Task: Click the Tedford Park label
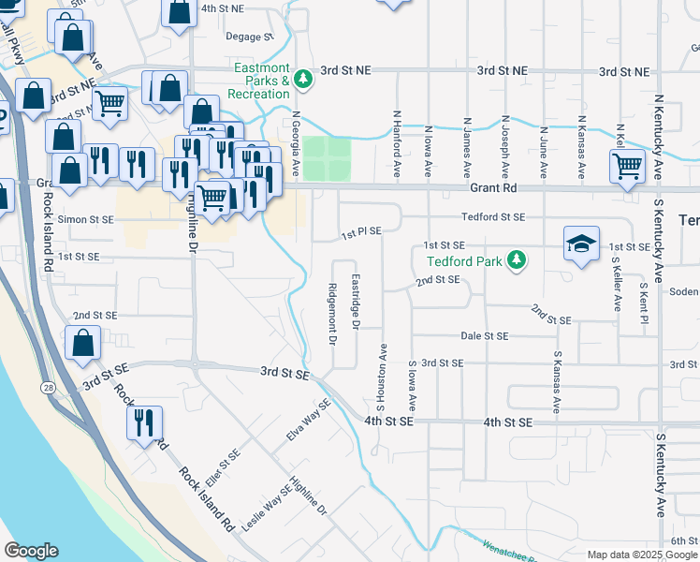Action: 465,261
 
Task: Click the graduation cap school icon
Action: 581,245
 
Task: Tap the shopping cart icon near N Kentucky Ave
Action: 627,167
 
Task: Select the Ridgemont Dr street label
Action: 332,314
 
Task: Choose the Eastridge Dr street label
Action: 356,302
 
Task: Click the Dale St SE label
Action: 484,335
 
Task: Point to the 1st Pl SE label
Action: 360,231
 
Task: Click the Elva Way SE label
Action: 309,421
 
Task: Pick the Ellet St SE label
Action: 229,459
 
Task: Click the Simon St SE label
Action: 86,218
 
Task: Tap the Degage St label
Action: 249,37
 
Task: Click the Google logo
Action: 31,551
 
